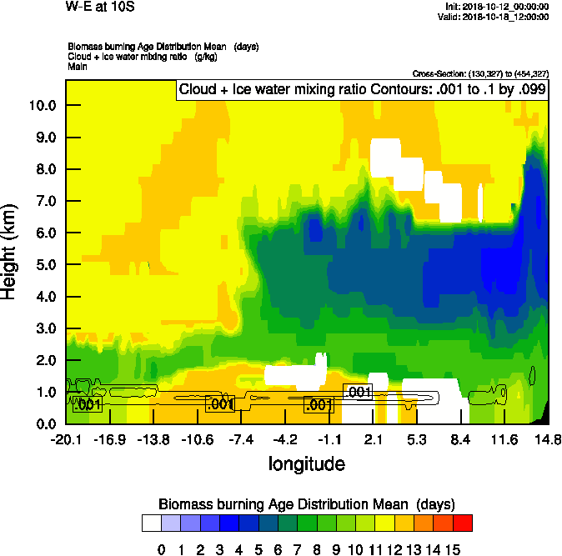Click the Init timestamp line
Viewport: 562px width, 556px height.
(x=498, y=6)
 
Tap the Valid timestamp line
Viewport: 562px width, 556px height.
(x=498, y=16)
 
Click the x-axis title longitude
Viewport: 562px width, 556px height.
(x=306, y=463)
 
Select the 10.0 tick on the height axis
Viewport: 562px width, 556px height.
(x=42, y=106)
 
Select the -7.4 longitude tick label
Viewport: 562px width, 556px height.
(x=242, y=439)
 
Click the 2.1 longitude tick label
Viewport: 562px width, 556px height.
(x=373, y=439)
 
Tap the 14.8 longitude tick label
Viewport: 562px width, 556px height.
(x=548, y=439)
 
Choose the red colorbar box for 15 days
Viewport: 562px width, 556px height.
(x=462, y=523)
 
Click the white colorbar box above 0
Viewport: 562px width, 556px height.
(x=152, y=523)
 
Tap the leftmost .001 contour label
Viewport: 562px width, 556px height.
(x=88, y=406)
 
